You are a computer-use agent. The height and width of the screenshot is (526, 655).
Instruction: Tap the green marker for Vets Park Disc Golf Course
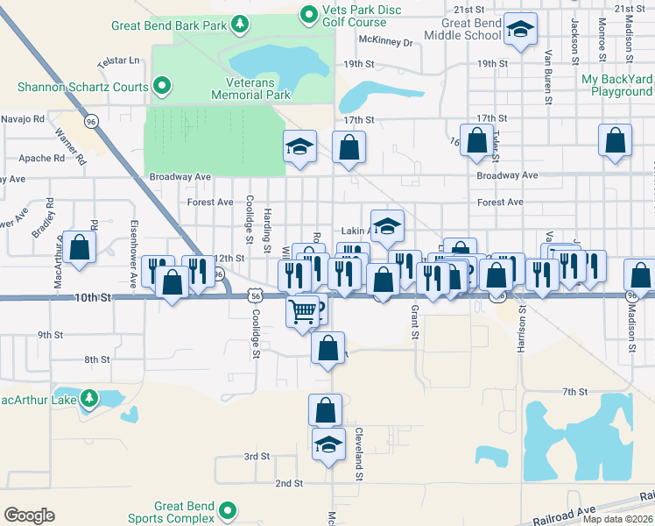[308, 14]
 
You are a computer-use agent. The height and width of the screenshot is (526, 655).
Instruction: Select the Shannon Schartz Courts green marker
[162, 86]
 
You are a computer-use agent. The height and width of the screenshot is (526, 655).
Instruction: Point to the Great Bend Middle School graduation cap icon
[521, 32]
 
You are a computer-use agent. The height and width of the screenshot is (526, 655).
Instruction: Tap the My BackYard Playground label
[616, 85]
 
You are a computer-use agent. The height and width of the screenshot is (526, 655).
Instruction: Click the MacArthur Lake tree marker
[88, 399]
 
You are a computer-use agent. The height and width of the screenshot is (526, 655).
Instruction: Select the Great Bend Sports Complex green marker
[229, 509]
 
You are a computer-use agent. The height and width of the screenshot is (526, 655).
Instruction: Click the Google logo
[29, 515]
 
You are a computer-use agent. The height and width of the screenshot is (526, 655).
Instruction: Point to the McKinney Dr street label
[385, 40]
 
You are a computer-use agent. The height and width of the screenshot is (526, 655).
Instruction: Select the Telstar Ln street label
[119, 61]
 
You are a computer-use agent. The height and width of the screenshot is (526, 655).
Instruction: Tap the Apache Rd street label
[41, 159]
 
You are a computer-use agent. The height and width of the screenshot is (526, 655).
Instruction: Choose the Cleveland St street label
[358, 455]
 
